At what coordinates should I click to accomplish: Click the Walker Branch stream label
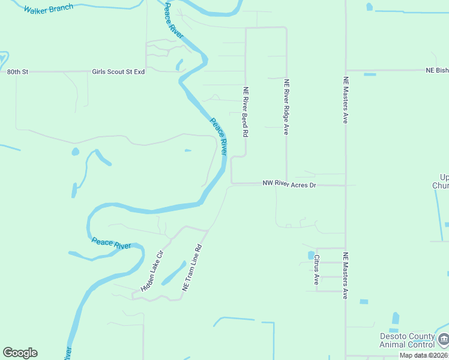click(49, 8)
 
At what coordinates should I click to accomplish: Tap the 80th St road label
click(17, 72)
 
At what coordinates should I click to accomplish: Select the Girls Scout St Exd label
click(118, 72)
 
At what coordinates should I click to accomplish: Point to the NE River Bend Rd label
click(246, 112)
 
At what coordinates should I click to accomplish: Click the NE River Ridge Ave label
click(286, 107)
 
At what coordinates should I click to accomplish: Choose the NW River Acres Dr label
click(289, 185)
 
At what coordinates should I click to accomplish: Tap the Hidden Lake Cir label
click(152, 271)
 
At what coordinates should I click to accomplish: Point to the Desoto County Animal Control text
click(408, 340)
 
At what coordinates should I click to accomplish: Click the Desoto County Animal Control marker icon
click(444, 340)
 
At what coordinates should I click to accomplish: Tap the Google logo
click(20, 353)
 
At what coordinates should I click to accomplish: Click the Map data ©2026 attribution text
click(424, 355)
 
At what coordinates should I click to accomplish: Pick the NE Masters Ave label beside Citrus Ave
click(345, 275)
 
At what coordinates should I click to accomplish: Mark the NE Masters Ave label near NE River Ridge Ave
click(345, 100)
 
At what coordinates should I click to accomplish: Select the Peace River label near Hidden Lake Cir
click(112, 245)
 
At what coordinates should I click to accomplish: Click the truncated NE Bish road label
click(437, 70)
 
